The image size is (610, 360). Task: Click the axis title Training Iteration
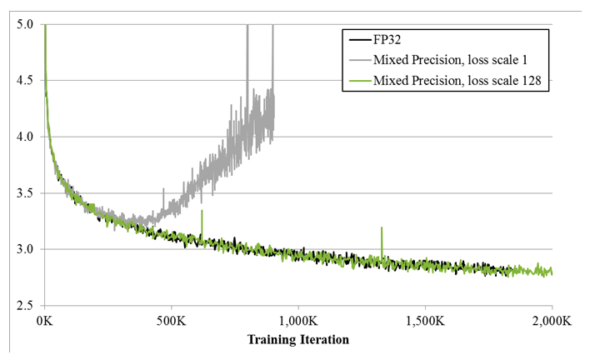(297, 339)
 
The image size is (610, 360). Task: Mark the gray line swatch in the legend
(358, 61)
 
